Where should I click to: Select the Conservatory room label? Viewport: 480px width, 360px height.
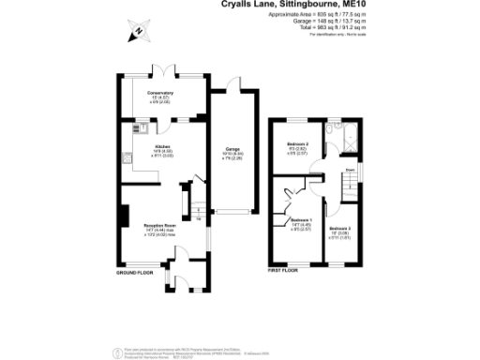point(159,94)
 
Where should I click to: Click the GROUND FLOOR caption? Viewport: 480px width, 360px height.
point(135,272)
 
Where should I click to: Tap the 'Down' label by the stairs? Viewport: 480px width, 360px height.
point(349,170)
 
